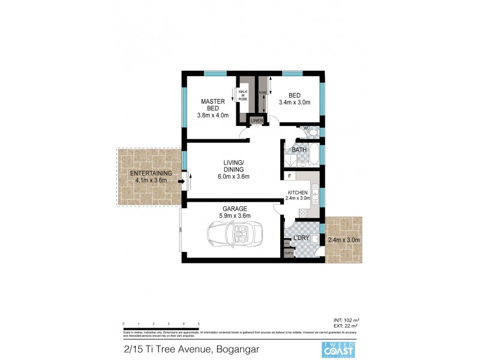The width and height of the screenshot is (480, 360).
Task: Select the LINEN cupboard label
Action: [x=257, y=121]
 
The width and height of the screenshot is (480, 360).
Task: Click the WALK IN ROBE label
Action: [x=242, y=95]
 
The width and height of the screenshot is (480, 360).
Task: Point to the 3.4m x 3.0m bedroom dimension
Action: [x=294, y=103]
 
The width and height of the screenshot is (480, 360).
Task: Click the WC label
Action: [x=305, y=128]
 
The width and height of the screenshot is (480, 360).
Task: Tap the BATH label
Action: [x=299, y=149]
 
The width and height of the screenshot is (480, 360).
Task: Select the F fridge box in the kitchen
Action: [x=290, y=176]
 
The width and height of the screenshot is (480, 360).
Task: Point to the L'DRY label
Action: [x=301, y=239]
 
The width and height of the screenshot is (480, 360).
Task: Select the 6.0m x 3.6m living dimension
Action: [x=233, y=176]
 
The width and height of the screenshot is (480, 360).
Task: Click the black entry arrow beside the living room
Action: [x=181, y=176]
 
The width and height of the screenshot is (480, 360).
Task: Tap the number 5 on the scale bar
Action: [x=198, y=323]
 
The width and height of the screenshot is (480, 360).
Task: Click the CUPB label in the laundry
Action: [x=289, y=253]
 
